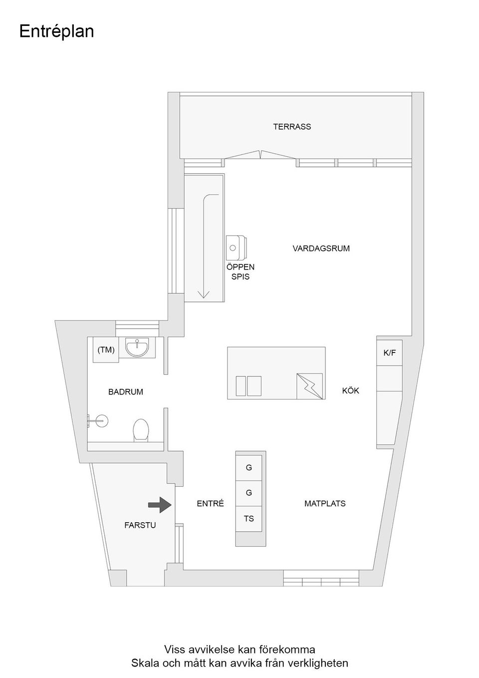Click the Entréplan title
click(56, 31)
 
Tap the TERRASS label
click(292, 127)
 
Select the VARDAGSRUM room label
click(321, 248)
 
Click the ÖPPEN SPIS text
click(240, 272)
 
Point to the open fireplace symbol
click(236, 247)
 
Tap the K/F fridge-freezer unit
click(389, 353)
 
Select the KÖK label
click(350, 390)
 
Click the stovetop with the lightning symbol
click(310, 386)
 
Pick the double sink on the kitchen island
click(248, 386)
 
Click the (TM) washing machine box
click(106, 350)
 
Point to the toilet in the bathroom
click(141, 430)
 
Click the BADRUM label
click(126, 392)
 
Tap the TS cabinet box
click(249, 519)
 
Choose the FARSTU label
click(140, 525)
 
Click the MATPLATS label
click(325, 504)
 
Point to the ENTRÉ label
click(210, 504)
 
